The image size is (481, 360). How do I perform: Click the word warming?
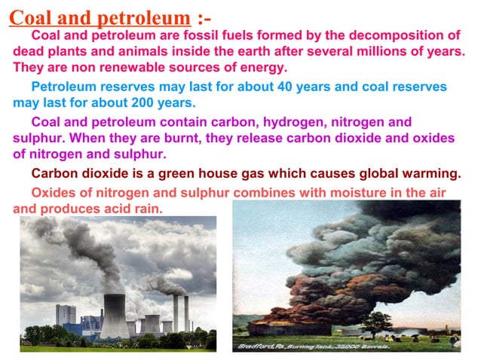[430, 174]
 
